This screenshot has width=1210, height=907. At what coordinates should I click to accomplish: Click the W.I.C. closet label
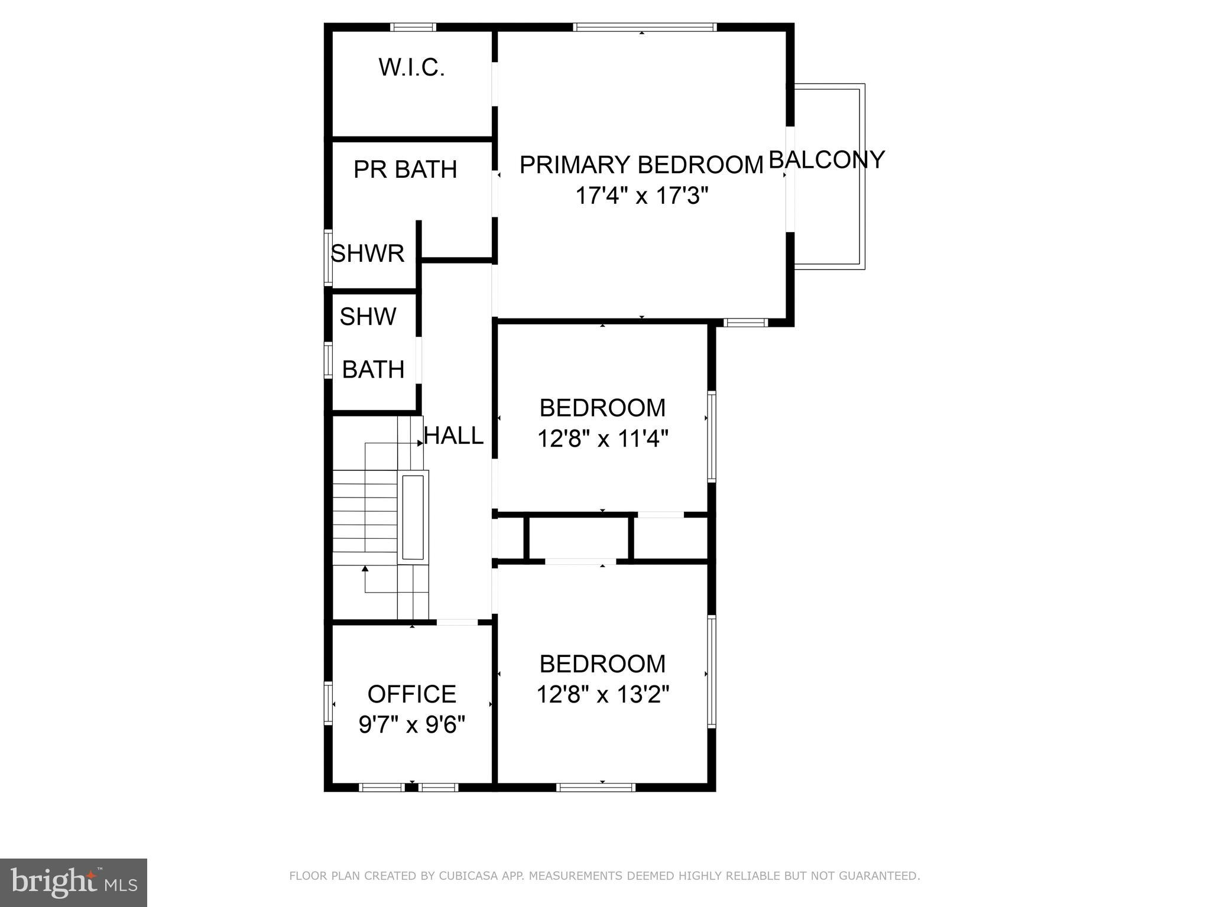click(x=411, y=67)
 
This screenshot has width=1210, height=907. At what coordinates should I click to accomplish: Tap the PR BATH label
click(x=405, y=170)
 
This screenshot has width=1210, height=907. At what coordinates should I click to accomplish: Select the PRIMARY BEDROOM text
click(x=641, y=165)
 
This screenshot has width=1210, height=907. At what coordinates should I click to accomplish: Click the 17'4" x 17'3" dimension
click(x=642, y=195)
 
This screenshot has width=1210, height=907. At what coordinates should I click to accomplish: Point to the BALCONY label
click(x=826, y=160)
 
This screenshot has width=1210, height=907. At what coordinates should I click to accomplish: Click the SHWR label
click(x=368, y=253)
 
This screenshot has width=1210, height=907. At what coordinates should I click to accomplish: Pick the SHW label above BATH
click(x=368, y=317)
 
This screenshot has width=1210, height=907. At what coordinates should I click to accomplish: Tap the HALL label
click(x=454, y=436)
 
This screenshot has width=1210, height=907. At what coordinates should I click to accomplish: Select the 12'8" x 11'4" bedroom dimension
click(x=602, y=439)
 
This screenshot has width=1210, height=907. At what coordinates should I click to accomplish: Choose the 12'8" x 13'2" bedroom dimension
click(x=602, y=695)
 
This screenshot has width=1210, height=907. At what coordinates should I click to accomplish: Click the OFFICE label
click(x=412, y=694)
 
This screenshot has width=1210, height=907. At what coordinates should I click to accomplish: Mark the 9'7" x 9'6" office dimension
click(x=412, y=724)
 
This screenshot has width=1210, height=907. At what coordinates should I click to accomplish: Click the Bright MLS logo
click(x=73, y=883)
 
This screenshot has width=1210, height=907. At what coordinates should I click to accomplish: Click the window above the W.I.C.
click(x=413, y=27)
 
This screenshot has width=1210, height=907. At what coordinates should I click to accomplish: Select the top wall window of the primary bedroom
click(x=644, y=27)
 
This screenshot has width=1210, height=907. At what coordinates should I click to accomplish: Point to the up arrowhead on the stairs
click(x=365, y=569)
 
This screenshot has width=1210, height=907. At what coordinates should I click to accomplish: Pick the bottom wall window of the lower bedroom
click(x=596, y=787)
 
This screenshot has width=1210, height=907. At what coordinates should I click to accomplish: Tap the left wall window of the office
click(x=329, y=703)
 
